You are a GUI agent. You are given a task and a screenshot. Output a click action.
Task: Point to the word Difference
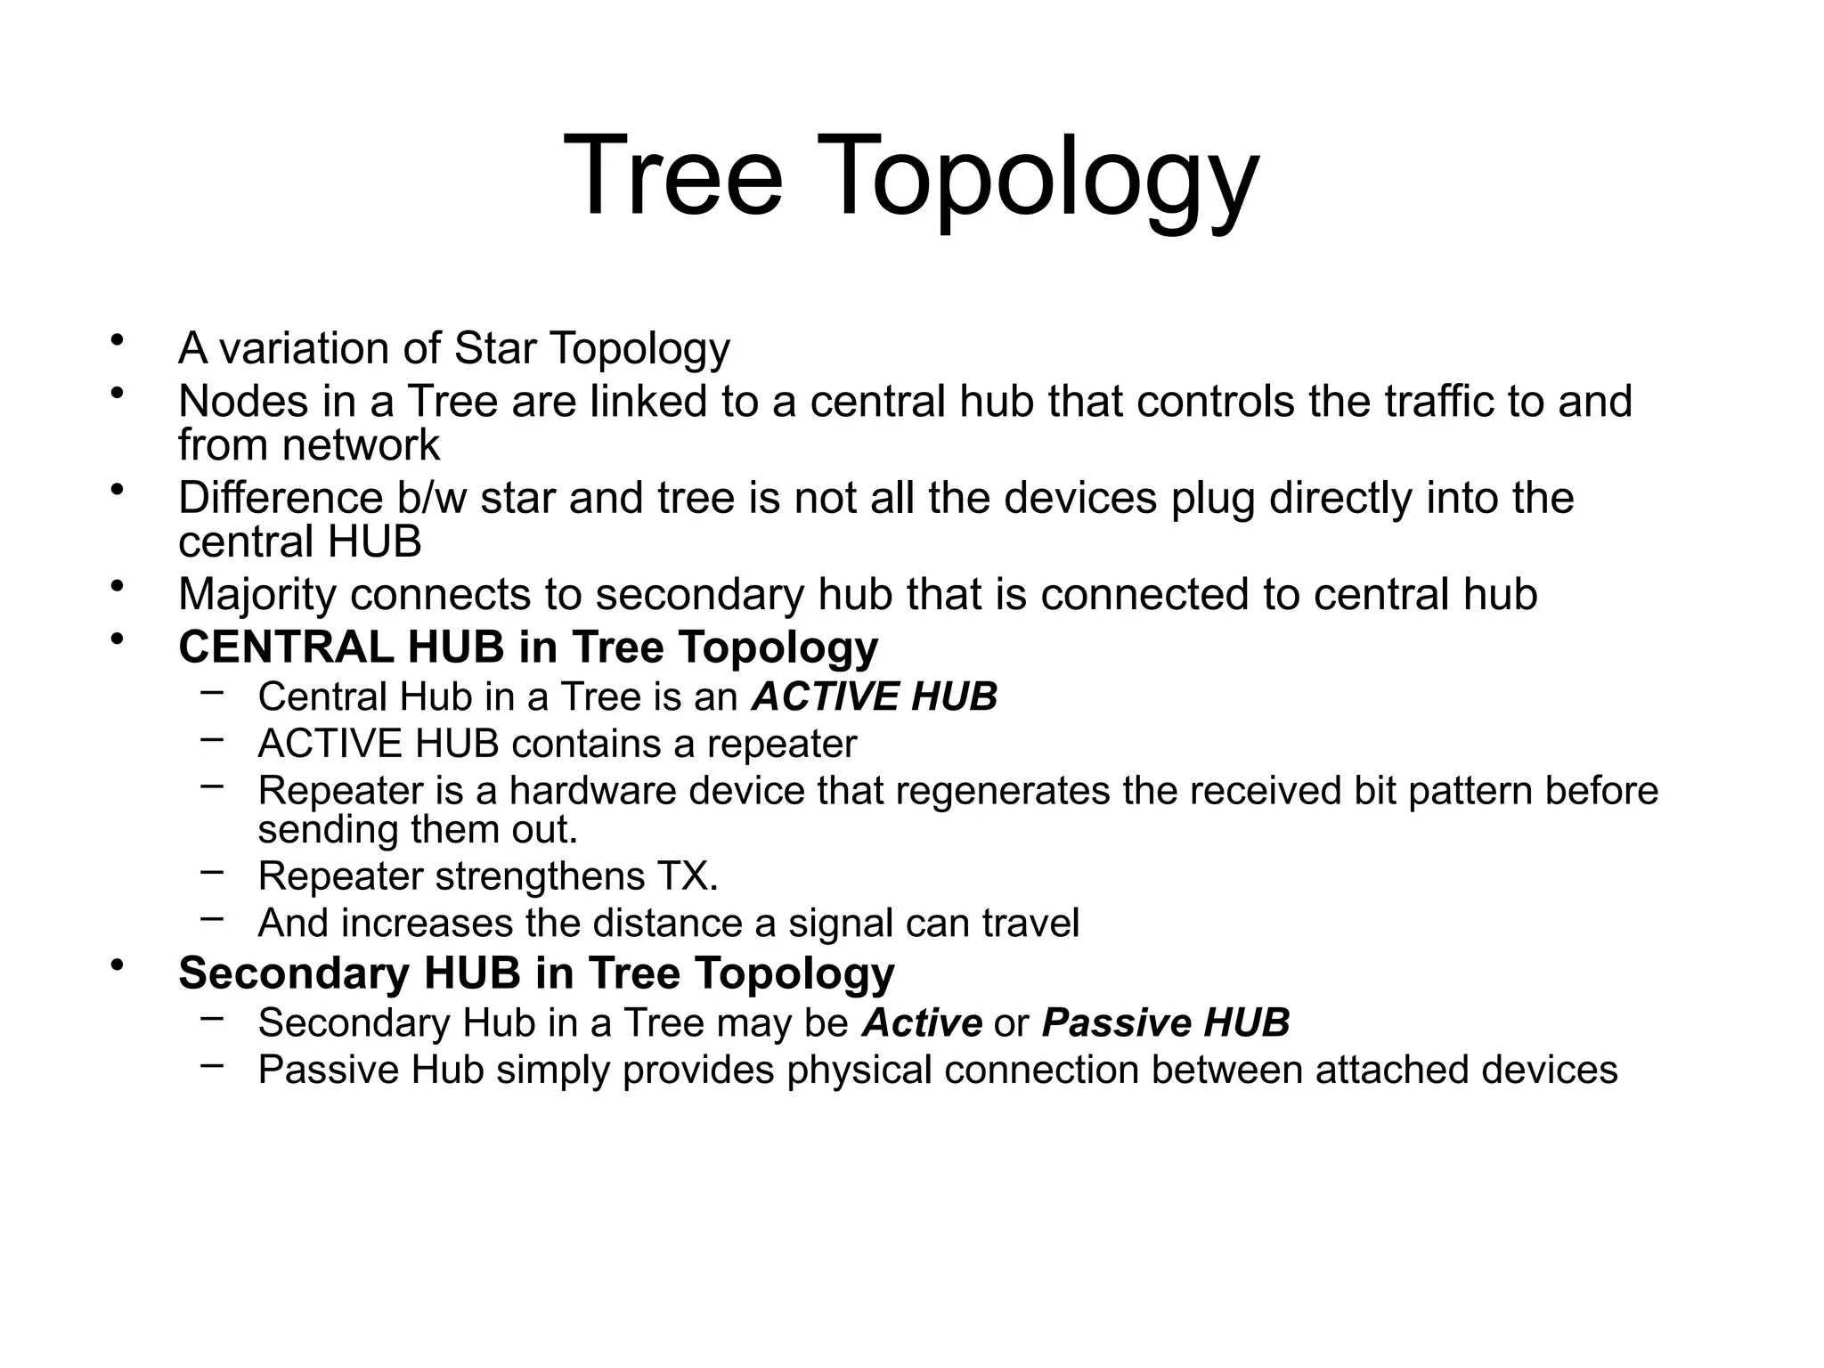click(x=280, y=498)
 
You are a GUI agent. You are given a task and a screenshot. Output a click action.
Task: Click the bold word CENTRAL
click(x=286, y=647)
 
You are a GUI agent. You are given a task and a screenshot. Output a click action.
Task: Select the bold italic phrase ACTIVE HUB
click(x=874, y=696)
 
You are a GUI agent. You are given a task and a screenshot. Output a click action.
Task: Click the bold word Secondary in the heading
click(x=293, y=973)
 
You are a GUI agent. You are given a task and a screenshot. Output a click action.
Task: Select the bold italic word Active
click(x=922, y=1022)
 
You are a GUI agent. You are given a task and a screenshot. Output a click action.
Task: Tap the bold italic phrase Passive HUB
click(x=1165, y=1022)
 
